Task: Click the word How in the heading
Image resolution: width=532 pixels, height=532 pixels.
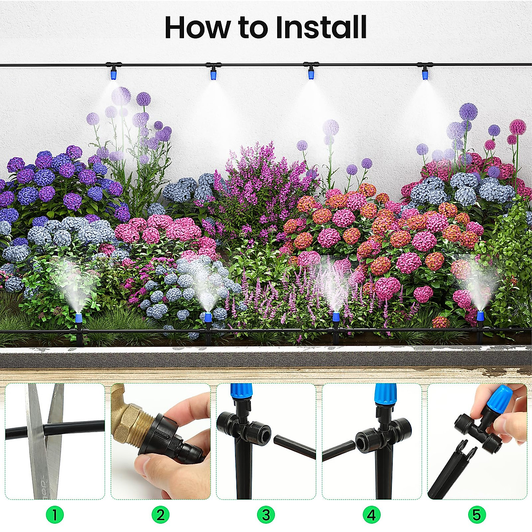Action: [197, 27]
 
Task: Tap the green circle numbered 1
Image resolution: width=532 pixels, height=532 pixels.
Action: [55, 515]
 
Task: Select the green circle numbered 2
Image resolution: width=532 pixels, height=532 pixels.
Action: [160, 515]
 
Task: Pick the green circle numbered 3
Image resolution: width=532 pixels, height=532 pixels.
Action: [266, 515]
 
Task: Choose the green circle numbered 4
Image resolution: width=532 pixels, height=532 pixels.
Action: [372, 515]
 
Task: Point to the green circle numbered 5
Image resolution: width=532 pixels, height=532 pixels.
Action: [477, 515]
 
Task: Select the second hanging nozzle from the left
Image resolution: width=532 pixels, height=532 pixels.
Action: [213, 74]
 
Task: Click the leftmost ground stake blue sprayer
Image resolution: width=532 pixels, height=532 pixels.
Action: [78, 318]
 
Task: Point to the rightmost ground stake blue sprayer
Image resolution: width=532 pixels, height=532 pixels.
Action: [480, 317]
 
